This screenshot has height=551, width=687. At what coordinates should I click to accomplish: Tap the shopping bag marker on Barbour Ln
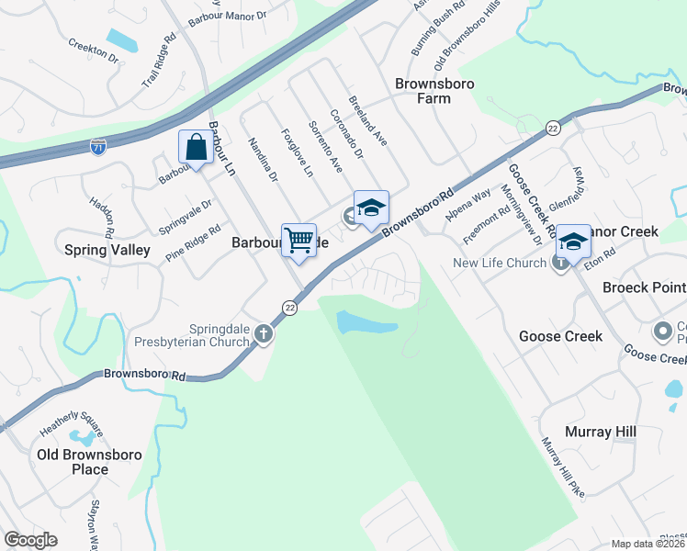click(x=196, y=147)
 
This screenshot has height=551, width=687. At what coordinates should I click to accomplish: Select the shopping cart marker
click(x=299, y=242)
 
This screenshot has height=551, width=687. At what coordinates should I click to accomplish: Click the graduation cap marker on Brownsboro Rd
click(x=371, y=208)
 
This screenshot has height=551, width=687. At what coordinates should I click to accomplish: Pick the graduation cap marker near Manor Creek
click(x=573, y=242)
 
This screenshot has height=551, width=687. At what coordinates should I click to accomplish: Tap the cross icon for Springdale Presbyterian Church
click(x=264, y=333)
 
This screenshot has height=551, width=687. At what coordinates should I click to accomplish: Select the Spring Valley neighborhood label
click(x=107, y=249)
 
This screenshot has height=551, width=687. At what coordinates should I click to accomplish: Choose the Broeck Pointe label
click(x=644, y=287)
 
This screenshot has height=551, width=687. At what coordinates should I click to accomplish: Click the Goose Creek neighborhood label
click(x=560, y=336)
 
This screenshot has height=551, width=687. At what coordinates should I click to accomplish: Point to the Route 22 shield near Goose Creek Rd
click(x=552, y=129)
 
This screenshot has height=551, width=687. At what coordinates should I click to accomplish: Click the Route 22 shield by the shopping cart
click(x=290, y=307)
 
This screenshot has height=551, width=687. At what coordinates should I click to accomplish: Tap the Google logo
click(x=30, y=540)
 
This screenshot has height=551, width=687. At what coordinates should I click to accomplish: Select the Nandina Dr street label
click(x=263, y=160)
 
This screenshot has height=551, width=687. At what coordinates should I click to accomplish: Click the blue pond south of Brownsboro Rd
click(x=366, y=322)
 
